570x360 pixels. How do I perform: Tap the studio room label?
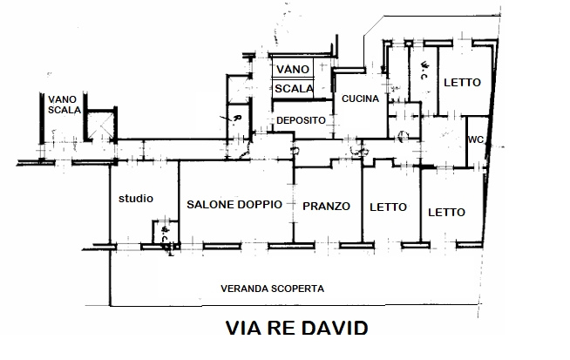pos(135,199)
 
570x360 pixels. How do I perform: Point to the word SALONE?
pos(210,205)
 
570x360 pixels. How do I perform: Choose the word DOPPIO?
pos(260,205)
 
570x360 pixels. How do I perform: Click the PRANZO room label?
pos(326,207)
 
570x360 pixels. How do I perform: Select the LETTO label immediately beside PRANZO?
pos(388,207)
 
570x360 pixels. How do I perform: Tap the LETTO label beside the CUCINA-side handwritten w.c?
pos(462,83)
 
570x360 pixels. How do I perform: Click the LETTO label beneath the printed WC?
pos(445,212)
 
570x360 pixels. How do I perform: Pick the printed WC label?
pos(477,140)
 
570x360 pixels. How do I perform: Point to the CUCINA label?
pos(360,98)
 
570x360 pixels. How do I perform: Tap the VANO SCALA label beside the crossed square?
pos(64,105)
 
